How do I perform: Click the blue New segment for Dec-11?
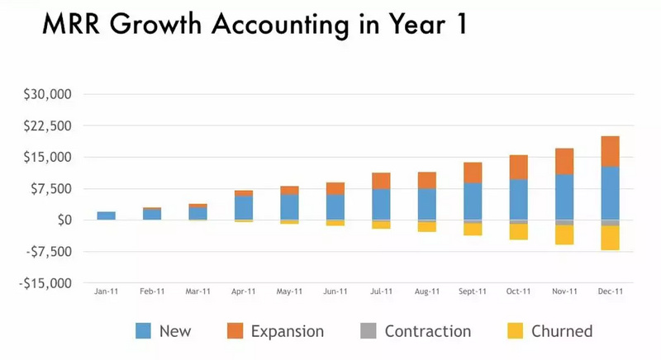click(610, 193)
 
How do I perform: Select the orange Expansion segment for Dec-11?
click(610, 151)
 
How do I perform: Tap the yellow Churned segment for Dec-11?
click(610, 238)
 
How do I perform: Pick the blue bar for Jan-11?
click(106, 216)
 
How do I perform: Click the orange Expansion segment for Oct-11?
click(518, 167)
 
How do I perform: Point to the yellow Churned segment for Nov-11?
click(564, 234)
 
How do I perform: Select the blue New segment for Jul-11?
click(381, 204)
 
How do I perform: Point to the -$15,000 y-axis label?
click(48, 283)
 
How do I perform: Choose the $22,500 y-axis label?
click(50, 126)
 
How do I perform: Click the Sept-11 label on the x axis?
click(472, 291)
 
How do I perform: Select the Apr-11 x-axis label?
click(243, 291)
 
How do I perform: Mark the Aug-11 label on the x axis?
click(426, 291)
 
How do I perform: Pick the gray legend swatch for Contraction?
click(369, 331)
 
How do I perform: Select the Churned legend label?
click(562, 331)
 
